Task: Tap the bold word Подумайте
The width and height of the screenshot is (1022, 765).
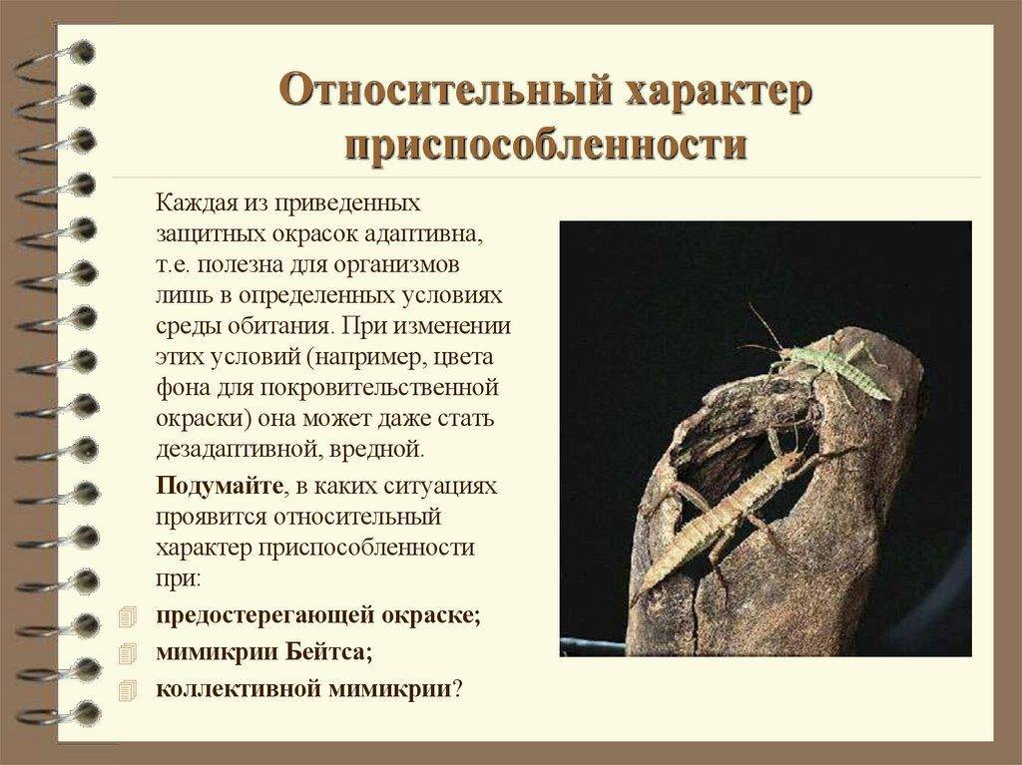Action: click(x=219, y=486)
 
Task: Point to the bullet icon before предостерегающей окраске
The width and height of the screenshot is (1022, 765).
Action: click(x=125, y=616)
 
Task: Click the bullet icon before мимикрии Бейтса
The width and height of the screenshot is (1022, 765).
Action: click(x=125, y=652)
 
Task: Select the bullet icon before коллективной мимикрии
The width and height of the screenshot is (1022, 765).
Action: click(x=125, y=689)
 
